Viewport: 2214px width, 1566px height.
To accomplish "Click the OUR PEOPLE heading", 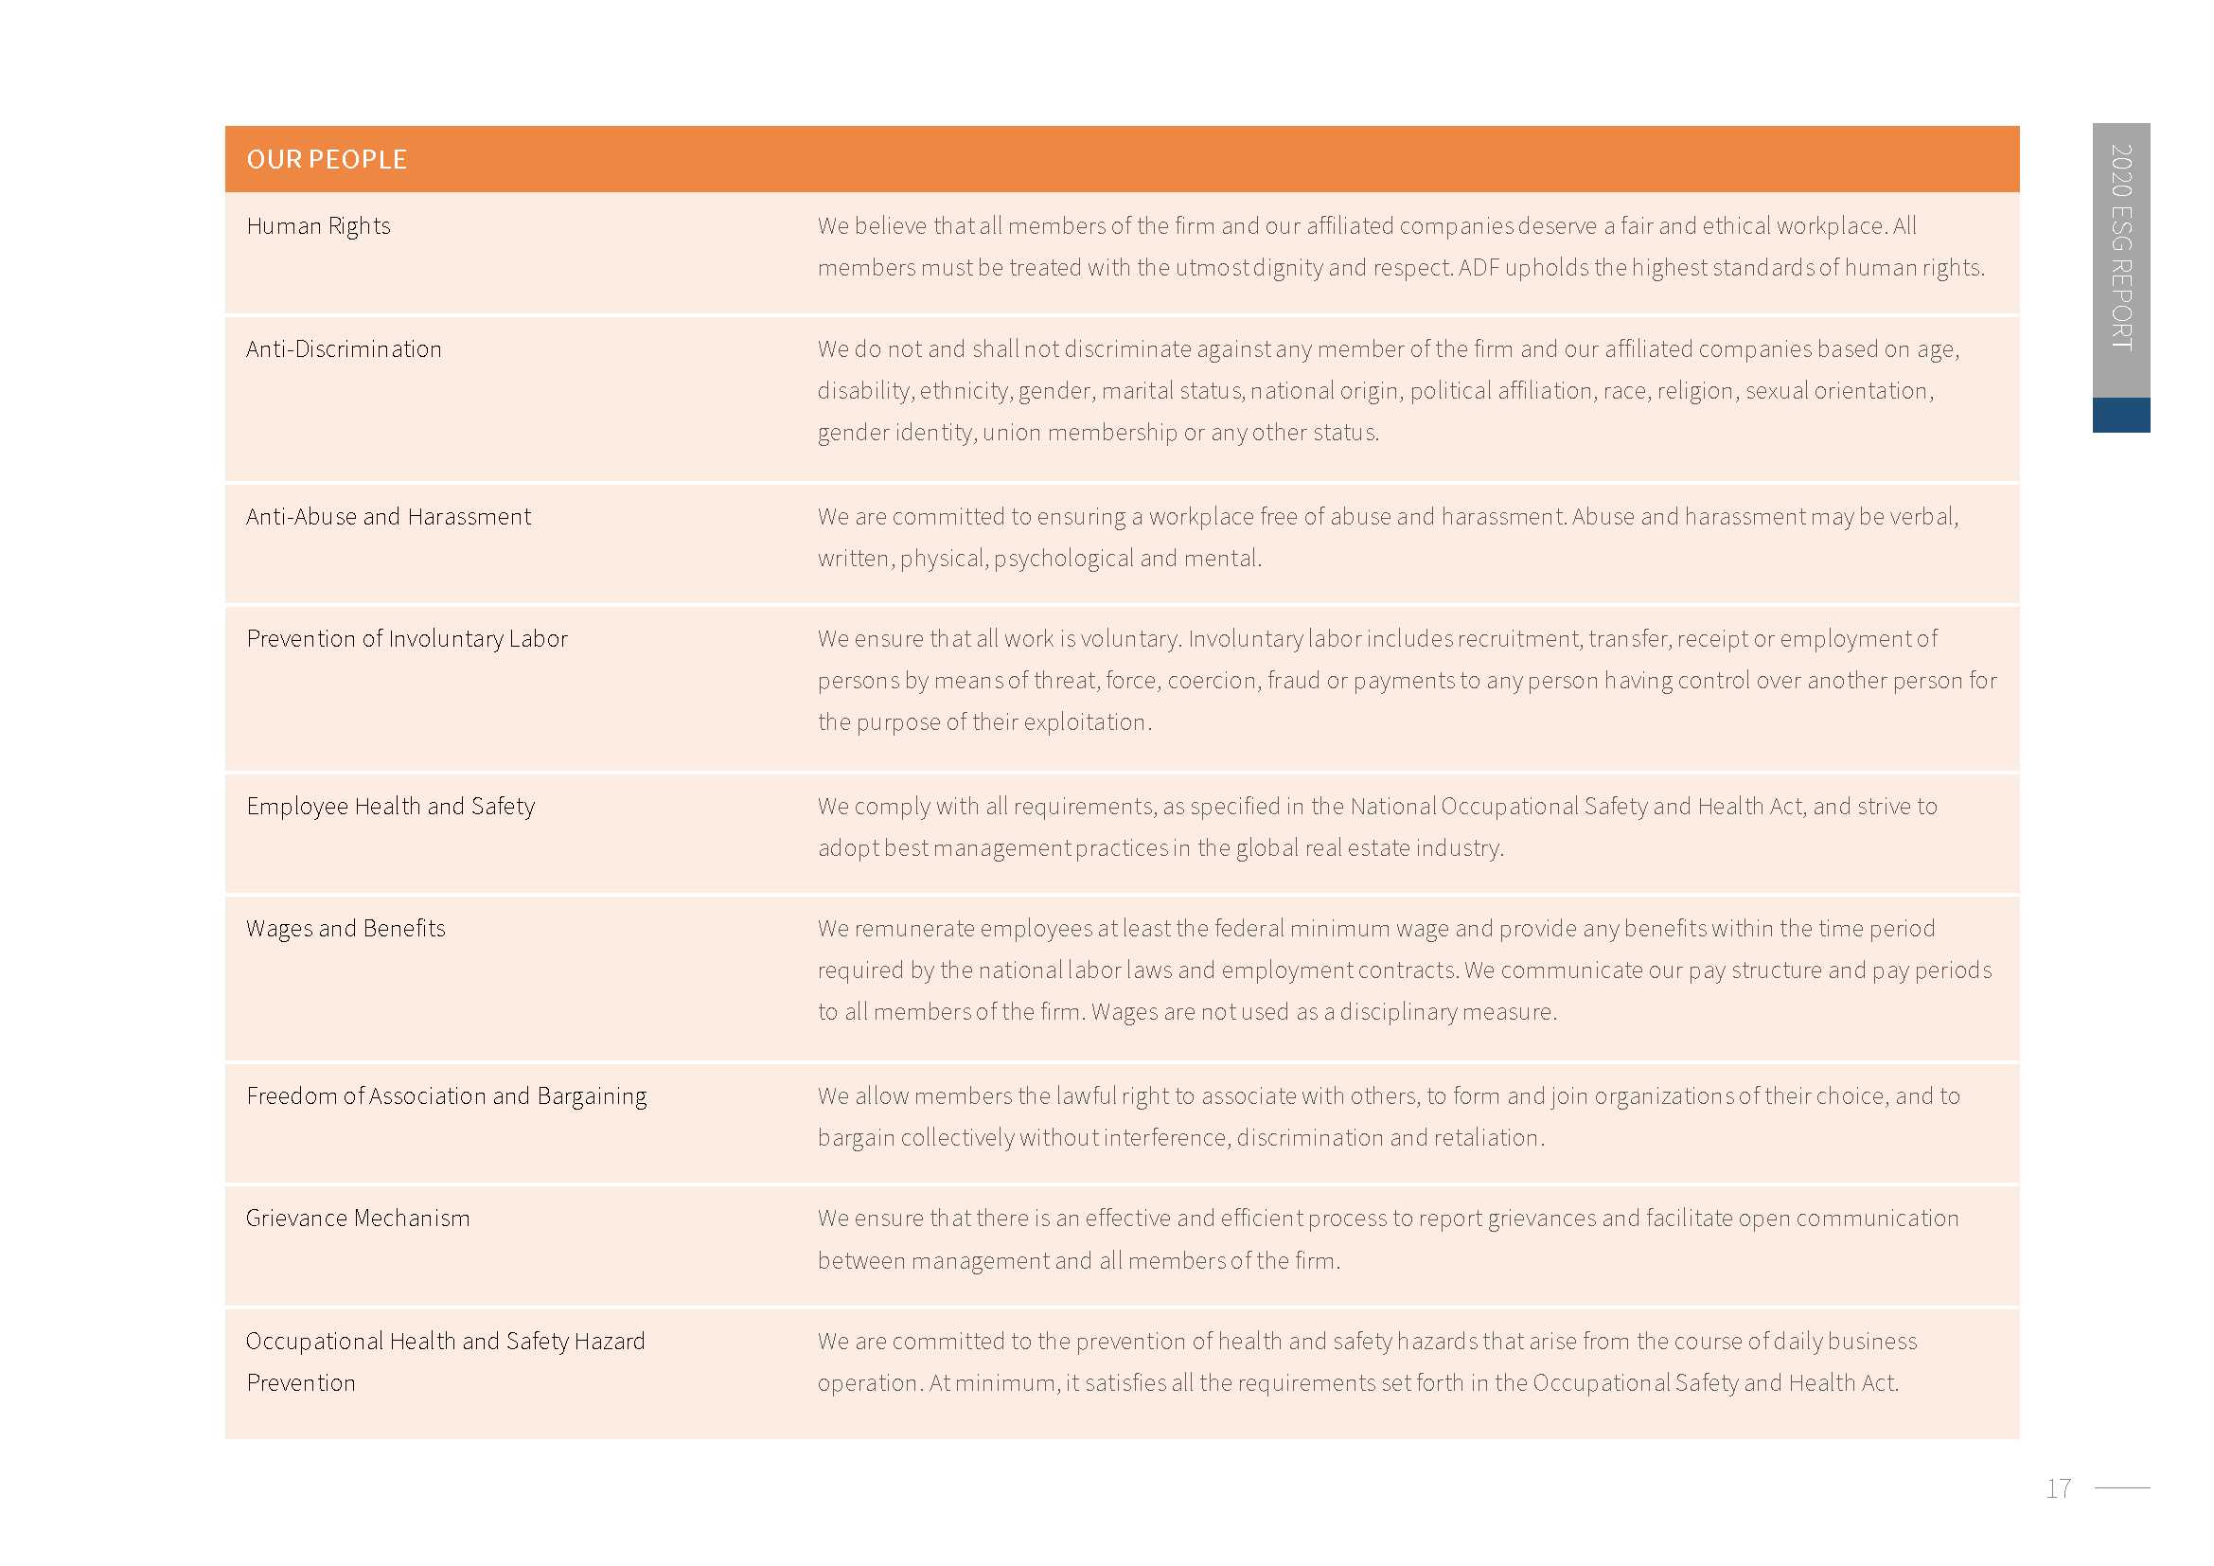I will click(x=327, y=159).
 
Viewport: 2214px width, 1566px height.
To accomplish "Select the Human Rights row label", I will click(x=318, y=225).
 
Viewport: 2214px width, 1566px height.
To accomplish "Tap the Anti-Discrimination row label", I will click(x=344, y=349).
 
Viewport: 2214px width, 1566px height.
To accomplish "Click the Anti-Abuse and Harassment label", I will click(x=388, y=517).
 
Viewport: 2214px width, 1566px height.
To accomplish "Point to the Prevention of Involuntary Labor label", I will click(x=406, y=638).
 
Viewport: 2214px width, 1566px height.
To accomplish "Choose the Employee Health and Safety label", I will click(x=391, y=806).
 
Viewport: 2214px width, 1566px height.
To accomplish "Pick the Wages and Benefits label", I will click(x=345, y=929).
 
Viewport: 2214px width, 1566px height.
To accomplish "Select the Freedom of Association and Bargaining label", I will click(x=447, y=1096).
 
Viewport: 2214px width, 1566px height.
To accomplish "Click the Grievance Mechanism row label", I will click(x=358, y=1219).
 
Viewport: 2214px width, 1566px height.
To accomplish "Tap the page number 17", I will click(x=2058, y=1489).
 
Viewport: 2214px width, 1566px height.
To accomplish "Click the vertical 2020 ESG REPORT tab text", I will click(x=2120, y=247).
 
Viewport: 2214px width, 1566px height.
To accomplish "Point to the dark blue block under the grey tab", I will click(x=2120, y=415).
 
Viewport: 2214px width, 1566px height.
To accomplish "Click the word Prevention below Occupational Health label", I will click(x=301, y=1384).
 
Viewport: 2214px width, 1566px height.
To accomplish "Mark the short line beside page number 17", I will click(x=2122, y=1488).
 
